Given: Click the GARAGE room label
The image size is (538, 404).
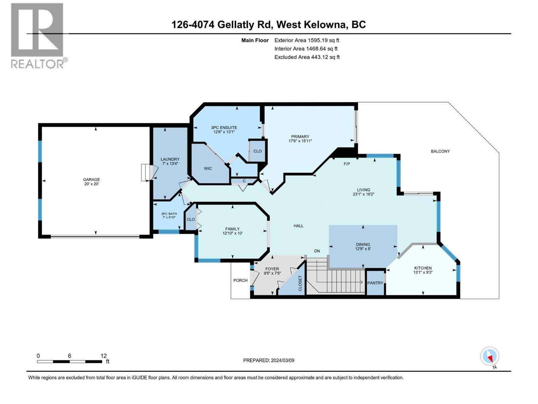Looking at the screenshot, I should click(91, 179).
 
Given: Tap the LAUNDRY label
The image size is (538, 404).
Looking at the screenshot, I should click(170, 159).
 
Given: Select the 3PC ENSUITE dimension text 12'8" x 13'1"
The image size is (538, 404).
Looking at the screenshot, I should click(224, 132).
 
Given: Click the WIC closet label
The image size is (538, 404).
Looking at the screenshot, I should click(208, 168).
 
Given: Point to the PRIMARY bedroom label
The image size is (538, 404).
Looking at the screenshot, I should click(300, 136).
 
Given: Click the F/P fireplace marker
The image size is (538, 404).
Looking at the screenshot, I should click(347, 164).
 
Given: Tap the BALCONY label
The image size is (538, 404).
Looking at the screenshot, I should click(440, 151).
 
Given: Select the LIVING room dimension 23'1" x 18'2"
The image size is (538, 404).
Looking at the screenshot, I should click(363, 194).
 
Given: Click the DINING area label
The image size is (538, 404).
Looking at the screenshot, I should click(362, 244).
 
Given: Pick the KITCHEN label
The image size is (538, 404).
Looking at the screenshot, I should click(422, 268).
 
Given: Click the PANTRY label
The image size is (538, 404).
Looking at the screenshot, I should click(375, 283).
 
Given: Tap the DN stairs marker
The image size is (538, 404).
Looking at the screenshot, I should click(317, 251).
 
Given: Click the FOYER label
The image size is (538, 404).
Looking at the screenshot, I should click(272, 269).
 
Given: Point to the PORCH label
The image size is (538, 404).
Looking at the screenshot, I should click(240, 280).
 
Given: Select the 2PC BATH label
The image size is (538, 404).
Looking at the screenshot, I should click(169, 214).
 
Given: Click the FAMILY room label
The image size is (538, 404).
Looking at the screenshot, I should click(232, 229).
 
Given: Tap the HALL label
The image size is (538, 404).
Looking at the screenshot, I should click(298, 226).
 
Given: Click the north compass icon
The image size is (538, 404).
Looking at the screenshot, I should click(490, 356).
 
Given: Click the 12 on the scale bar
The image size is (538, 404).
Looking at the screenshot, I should click(103, 356).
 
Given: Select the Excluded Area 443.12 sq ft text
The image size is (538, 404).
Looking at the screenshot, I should click(307, 57).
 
